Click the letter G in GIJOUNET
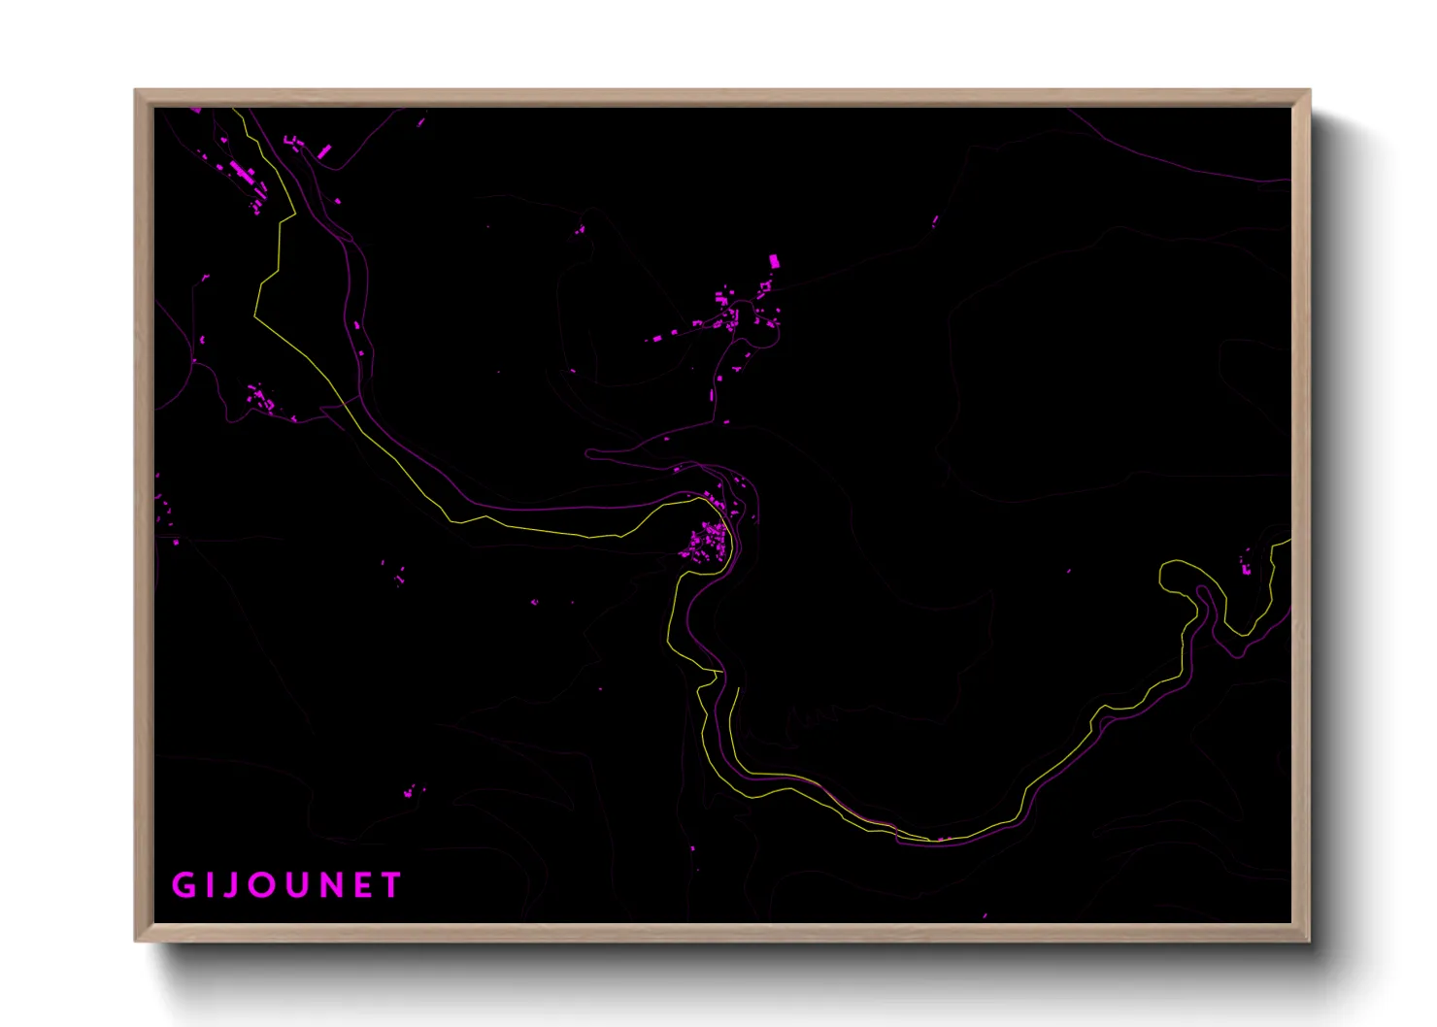coord(183,885)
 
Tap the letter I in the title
coord(209,885)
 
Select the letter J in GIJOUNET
coord(230,885)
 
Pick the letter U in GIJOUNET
coord(294,885)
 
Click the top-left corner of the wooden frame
coord(136,91)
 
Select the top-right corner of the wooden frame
coord(1309,91)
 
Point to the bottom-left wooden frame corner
coord(136,940)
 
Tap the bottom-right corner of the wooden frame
coord(1309,940)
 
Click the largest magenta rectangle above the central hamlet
coord(774,261)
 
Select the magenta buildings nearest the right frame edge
coord(1247,562)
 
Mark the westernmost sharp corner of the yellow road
coord(255,315)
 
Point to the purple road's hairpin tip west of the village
coord(588,452)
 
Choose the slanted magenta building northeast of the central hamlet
coord(935,221)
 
